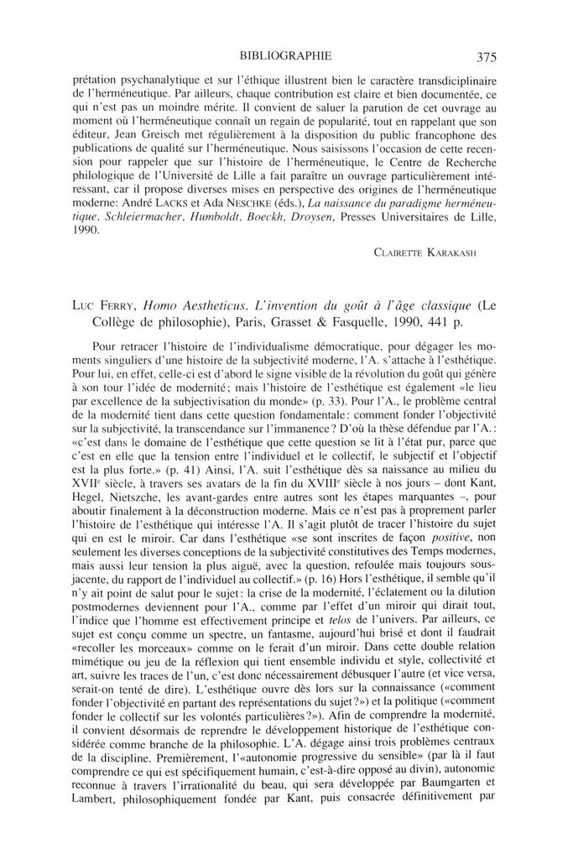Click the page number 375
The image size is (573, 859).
[x=487, y=58]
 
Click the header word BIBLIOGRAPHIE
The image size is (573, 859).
[x=285, y=57]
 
